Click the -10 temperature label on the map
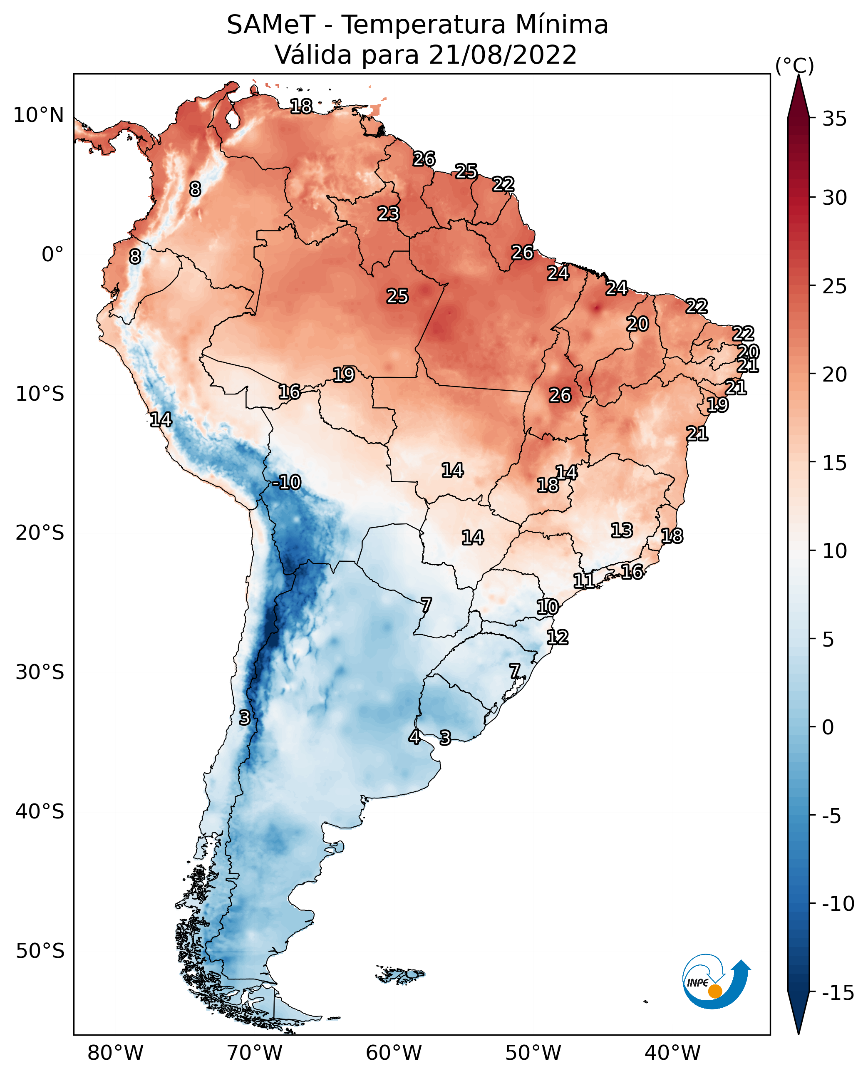pyautogui.click(x=287, y=483)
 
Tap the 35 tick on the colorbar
pyautogui.click(x=834, y=119)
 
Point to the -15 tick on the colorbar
pyautogui.click(x=838, y=993)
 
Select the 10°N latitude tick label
pyautogui.click(x=39, y=116)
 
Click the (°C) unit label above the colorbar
pyautogui.click(x=794, y=65)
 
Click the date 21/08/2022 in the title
pyautogui.click(x=503, y=55)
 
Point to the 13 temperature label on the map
pyautogui.click(x=622, y=530)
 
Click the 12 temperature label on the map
pyautogui.click(x=558, y=637)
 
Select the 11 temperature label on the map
pyautogui.click(x=584, y=580)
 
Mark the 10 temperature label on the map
pyautogui.click(x=548, y=607)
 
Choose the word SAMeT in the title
pyautogui.click(x=271, y=25)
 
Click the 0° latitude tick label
pyautogui.click(x=52, y=255)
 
